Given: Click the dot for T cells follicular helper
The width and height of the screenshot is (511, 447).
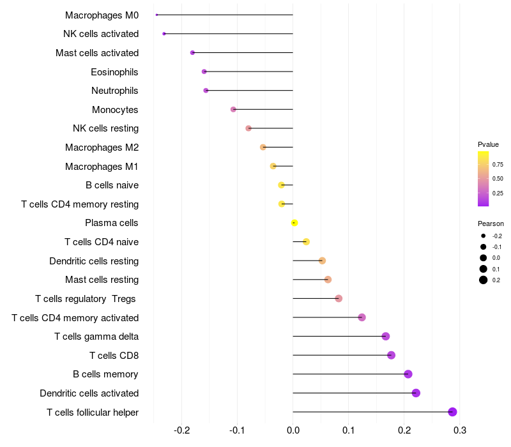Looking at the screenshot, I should click(x=452, y=412).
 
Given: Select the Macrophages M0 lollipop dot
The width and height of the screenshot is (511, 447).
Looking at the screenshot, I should click(x=156, y=15).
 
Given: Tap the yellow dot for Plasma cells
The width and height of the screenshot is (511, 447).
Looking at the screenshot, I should click(x=294, y=223).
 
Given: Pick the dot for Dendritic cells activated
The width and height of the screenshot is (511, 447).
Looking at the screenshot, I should click(x=416, y=393).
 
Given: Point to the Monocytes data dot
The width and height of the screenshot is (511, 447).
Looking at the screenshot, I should click(x=233, y=109).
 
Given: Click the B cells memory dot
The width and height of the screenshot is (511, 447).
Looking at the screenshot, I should click(x=408, y=374).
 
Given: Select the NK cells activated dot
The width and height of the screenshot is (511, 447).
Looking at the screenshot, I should click(x=164, y=34).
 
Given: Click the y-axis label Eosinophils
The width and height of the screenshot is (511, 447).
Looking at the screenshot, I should click(x=114, y=72).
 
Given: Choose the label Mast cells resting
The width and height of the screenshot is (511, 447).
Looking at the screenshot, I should click(x=102, y=280).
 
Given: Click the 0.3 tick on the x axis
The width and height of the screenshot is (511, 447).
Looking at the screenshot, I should click(x=459, y=430).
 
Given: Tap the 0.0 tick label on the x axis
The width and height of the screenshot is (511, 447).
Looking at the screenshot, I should click(x=293, y=430).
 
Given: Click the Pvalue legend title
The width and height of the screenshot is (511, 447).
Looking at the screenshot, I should click(x=488, y=144).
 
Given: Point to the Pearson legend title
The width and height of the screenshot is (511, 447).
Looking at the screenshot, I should click(x=491, y=223).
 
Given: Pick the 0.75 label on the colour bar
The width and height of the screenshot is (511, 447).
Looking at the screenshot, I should click(x=498, y=164).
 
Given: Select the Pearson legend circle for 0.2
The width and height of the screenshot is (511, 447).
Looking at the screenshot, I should click(x=484, y=280).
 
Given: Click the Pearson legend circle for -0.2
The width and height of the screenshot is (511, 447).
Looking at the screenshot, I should click(x=484, y=236).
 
